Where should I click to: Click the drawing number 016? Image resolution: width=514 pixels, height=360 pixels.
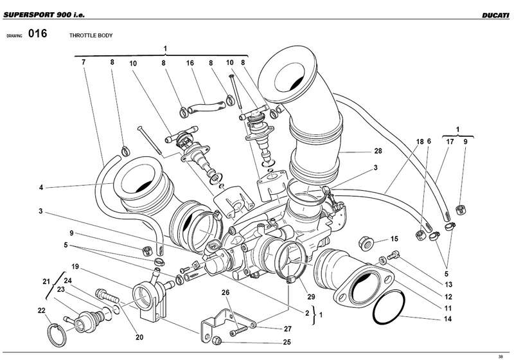tap(38, 35)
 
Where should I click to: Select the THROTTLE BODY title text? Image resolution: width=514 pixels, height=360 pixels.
tap(91, 37)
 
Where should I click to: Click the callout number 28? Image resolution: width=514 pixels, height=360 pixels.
tap(378, 151)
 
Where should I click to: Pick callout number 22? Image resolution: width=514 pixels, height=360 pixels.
tap(41, 310)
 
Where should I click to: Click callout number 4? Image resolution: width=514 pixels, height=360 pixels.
tap(40, 188)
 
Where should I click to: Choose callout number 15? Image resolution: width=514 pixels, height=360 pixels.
tap(394, 239)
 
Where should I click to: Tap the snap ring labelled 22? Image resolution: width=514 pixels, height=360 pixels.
tap(57, 334)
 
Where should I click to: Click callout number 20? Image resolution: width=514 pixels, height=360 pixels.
tap(139, 337)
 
